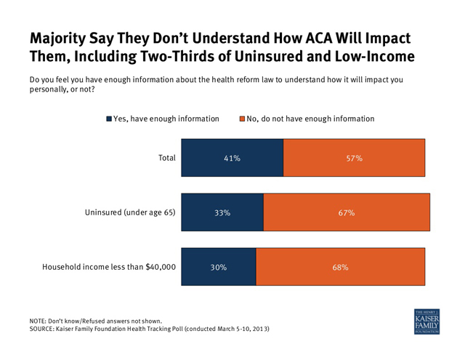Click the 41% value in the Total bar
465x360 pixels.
click(x=232, y=159)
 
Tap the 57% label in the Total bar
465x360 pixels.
click(x=355, y=159)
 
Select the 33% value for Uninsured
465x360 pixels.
click(x=222, y=213)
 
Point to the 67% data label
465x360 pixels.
click(x=347, y=213)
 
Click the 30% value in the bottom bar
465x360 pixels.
click(x=219, y=268)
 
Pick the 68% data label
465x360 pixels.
click(x=340, y=268)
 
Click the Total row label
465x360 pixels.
click(x=167, y=158)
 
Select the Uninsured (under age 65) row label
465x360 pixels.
click(x=130, y=212)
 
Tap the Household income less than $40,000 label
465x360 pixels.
click(x=109, y=267)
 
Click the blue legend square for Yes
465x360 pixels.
click(x=109, y=119)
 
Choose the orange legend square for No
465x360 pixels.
click(x=242, y=119)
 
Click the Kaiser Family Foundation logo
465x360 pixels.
click(x=426, y=321)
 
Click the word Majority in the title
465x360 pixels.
click(x=58, y=39)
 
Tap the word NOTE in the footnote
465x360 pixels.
click(x=38, y=321)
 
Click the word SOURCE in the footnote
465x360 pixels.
click(x=41, y=329)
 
